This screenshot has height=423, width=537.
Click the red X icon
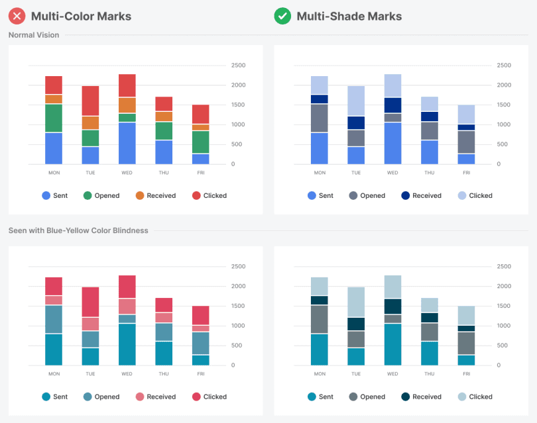coord(17,16)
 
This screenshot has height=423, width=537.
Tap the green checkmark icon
coord(282,16)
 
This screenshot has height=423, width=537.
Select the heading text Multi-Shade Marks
coord(349,16)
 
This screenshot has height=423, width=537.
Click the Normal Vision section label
coord(34,35)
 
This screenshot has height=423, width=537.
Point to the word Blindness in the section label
coord(129,230)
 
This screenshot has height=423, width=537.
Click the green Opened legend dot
coord(88,195)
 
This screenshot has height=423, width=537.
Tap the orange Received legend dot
coord(140,195)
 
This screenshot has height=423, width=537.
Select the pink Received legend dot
coord(140,397)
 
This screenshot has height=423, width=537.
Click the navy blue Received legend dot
coord(405,195)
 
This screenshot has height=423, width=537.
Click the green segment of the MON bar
coord(54,118)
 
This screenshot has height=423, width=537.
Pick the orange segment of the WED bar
coord(127,105)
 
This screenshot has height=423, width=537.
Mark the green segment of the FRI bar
coord(200,142)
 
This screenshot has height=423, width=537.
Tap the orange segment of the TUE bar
coord(90,122)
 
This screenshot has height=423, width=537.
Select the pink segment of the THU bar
coord(164,317)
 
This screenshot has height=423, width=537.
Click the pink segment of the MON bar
coord(54,300)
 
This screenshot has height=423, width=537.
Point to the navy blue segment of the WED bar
coord(392,105)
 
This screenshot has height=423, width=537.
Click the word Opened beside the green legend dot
coord(107,195)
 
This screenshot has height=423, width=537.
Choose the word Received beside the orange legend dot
coord(162,195)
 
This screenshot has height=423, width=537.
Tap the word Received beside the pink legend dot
coord(162,397)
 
